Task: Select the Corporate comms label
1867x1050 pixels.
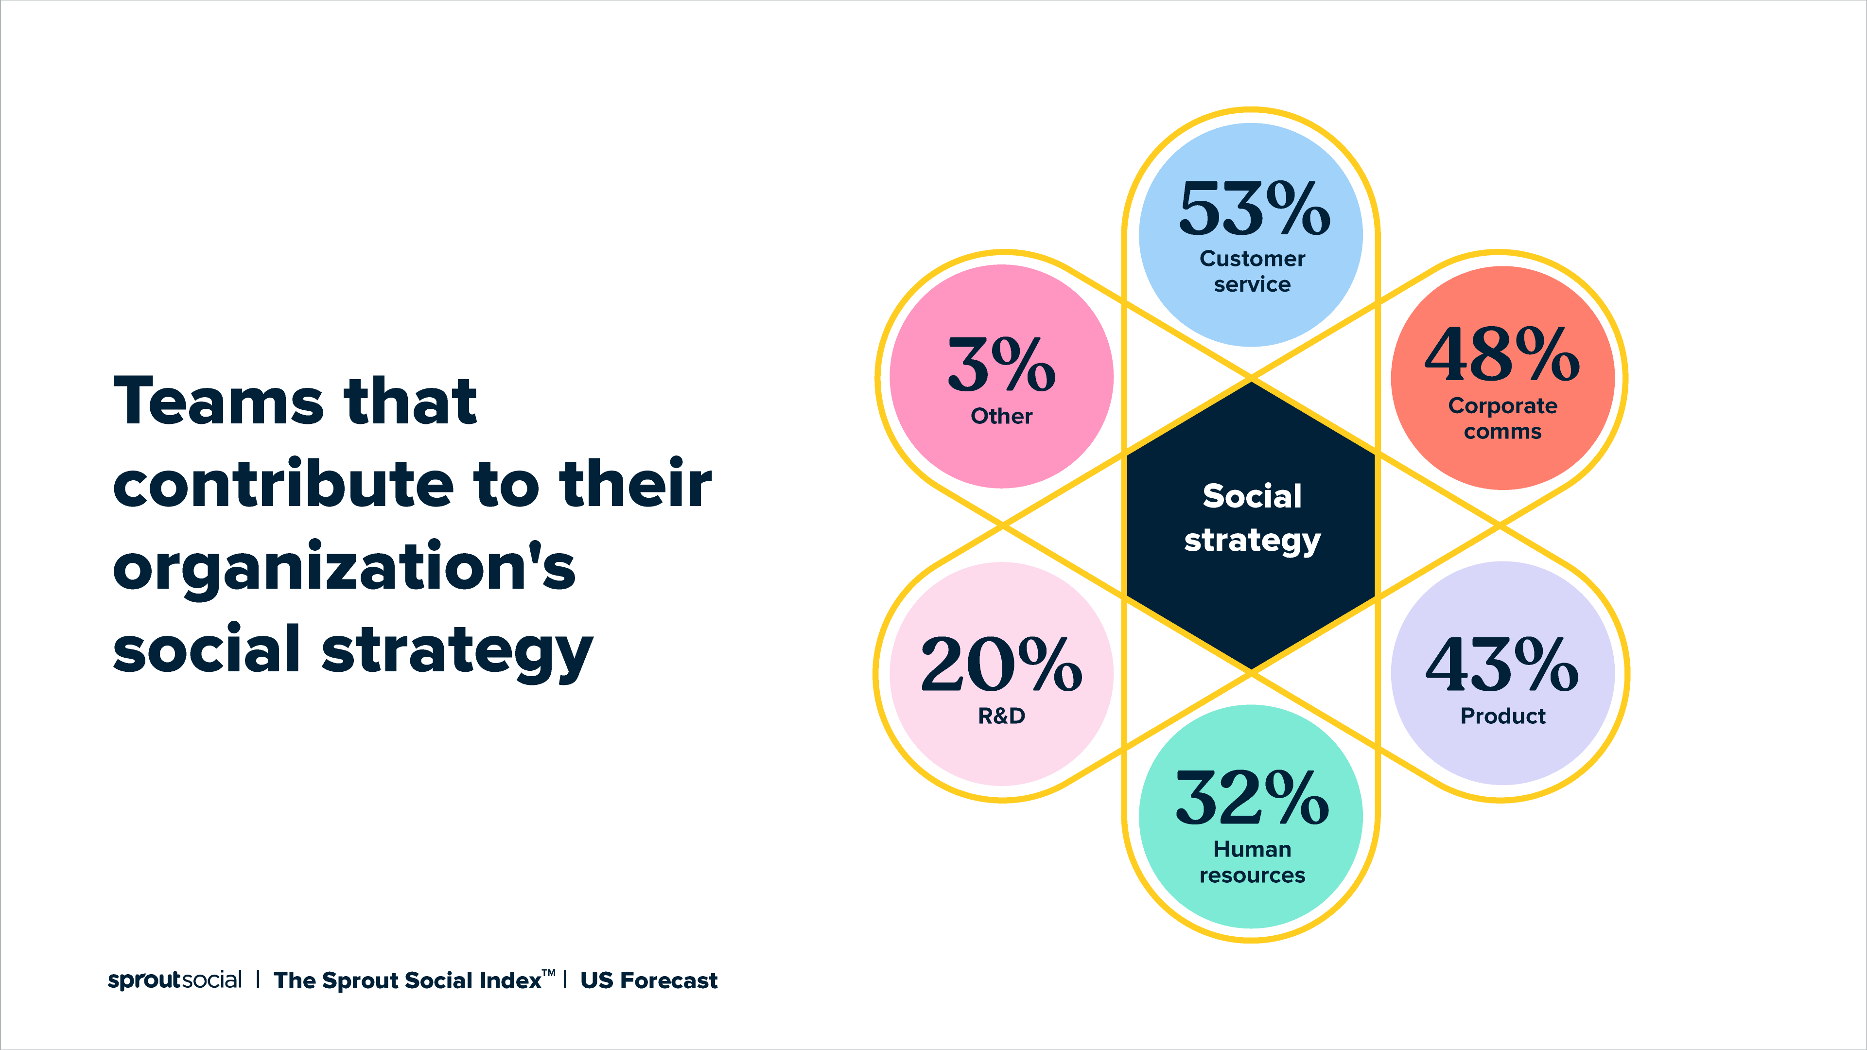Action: click(1502, 418)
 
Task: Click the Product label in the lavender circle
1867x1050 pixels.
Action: click(1502, 716)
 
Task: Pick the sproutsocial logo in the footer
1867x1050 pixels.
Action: click(174, 980)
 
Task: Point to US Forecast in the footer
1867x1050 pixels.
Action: click(649, 980)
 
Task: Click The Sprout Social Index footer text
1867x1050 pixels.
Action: click(406, 980)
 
